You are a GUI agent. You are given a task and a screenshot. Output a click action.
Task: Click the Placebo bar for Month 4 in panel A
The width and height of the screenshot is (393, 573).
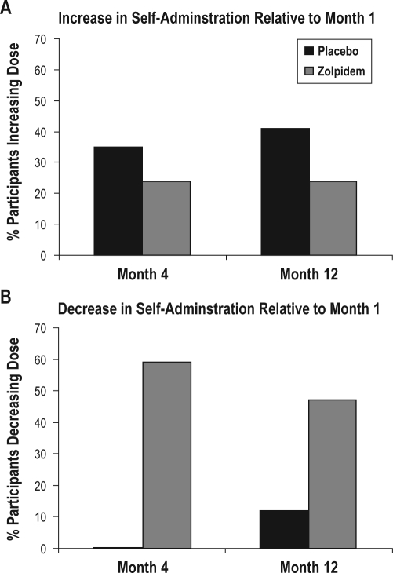click(x=118, y=201)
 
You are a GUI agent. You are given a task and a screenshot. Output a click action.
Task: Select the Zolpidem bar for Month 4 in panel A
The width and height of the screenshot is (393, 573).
click(x=166, y=218)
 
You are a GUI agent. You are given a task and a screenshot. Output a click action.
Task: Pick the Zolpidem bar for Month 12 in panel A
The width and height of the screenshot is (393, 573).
click(x=333, y=218)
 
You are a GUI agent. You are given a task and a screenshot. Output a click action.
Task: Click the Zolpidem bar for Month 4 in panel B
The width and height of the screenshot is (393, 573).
click(x=166, y=455)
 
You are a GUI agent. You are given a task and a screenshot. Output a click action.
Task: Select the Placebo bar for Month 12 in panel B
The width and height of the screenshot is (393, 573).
click(x=285, y=529)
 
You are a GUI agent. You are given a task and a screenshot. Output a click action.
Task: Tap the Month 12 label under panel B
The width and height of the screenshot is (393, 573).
click(x=308, y=564)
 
